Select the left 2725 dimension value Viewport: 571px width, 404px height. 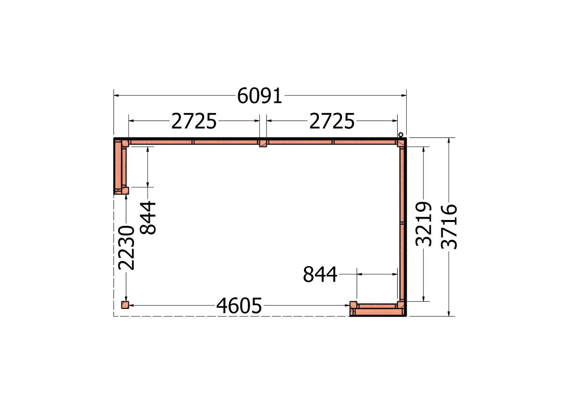click(194, 122)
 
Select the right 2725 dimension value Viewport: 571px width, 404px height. click(332, 122)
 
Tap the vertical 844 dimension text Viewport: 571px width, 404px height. click(148, 218)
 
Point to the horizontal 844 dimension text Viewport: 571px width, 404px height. click(320, 275)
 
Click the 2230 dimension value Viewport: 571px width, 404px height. click(127, 247)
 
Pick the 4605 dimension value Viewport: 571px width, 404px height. click(239, 306)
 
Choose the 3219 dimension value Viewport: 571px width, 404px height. click(424, 224)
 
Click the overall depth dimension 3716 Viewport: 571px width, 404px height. click(449, 227)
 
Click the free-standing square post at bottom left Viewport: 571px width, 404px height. click(125, 305)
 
